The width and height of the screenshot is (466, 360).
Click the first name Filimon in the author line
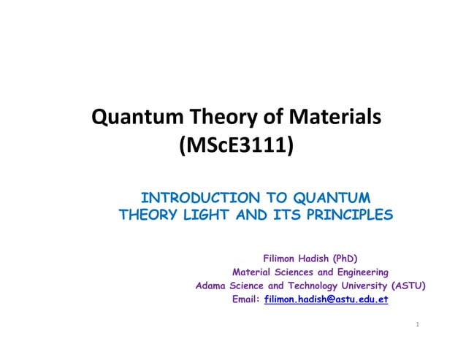tap(280, 258)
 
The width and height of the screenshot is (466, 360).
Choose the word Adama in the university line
tap(211, 286)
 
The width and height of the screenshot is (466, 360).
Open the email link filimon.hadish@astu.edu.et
tap(326, 299)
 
